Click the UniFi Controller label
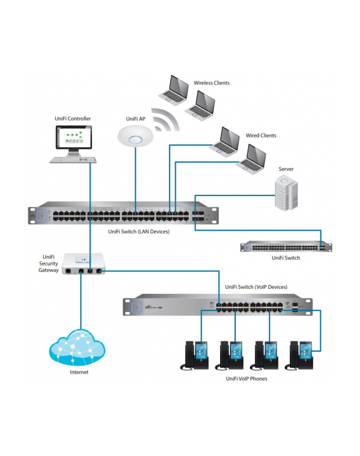[x=73, y=119]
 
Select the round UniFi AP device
[x=136, y=136]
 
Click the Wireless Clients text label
[x=211, y=83]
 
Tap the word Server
[x=286, y=169]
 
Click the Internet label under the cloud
[x=79, y=372]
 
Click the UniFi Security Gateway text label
[x=48, y=263]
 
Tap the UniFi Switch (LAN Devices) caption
[x=139, y=232]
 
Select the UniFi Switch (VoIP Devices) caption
[x=256, y=287]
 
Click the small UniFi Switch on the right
[x=285, y=247]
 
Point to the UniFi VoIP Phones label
[x=246, y=379]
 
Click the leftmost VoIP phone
[x=194, y=355]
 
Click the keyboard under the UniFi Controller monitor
[x=73, y=160]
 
